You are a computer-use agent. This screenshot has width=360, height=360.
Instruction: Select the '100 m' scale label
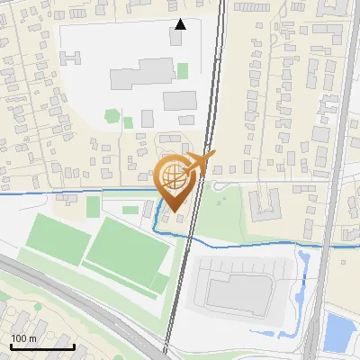(24, 338)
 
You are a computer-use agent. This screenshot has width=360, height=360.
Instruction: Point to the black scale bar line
(42, 346)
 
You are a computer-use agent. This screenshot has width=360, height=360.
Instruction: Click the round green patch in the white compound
(112, 115)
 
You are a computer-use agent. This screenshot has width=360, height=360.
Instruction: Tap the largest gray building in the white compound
(142, 75)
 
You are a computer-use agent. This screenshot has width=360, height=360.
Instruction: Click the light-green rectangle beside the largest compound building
(183, 70)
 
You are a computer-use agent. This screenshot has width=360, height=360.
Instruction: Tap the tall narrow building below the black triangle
(175, 39)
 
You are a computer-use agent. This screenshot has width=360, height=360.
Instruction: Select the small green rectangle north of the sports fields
(93, 207)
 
